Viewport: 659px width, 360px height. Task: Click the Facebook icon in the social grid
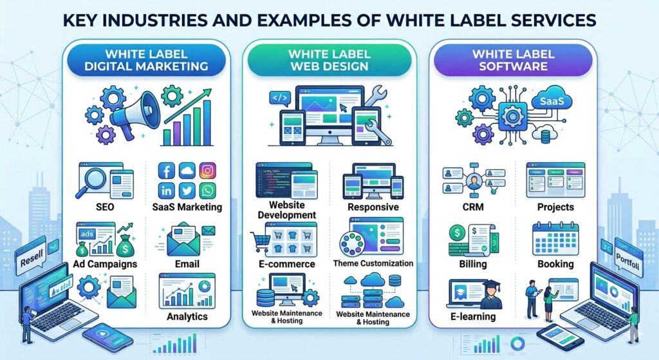coord(166,171)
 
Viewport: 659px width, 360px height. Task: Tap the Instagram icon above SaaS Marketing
coord(207,171)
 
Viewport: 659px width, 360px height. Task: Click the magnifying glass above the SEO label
coord(90,176)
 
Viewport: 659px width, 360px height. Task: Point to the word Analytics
coord(187,316)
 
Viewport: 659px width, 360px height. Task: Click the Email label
coord(187,264)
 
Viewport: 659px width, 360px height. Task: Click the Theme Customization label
coord(373,263)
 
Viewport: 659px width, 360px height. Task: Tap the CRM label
coord(473,207)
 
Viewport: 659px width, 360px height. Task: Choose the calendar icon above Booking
coord(555,240)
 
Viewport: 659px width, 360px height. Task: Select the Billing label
coord(473,264)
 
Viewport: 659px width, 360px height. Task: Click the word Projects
coord(555,207)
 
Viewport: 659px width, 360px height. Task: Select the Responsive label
coord(373,207)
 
